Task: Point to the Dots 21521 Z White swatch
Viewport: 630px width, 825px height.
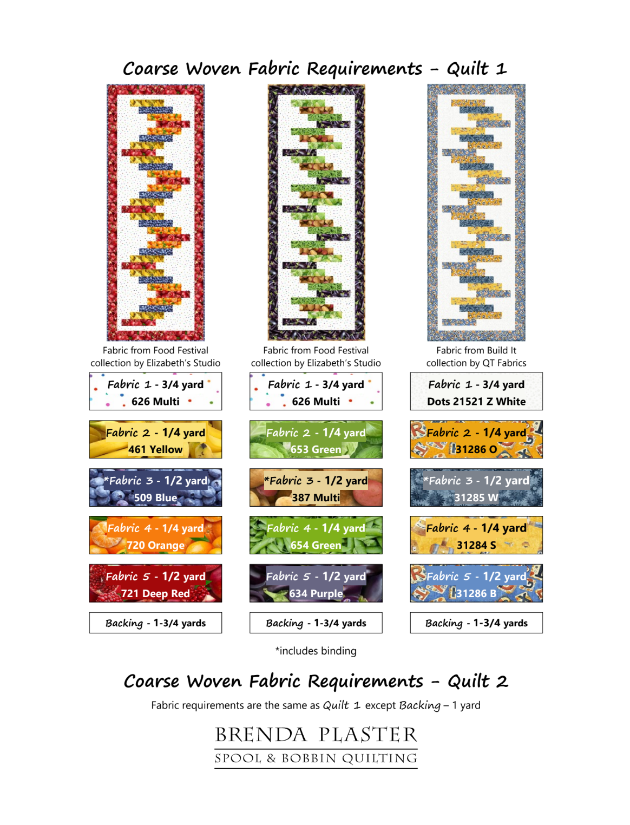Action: click(x=476, y=391)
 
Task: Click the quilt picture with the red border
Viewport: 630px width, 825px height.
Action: click(x=155, y=212)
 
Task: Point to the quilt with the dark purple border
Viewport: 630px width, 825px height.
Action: click(x=316, y=212)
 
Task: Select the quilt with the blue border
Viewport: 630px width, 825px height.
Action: click(x=476, y=212)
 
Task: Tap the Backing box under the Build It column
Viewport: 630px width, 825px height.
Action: click(x=476, y=623)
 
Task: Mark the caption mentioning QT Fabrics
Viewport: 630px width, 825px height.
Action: click(x=476, y=356)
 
